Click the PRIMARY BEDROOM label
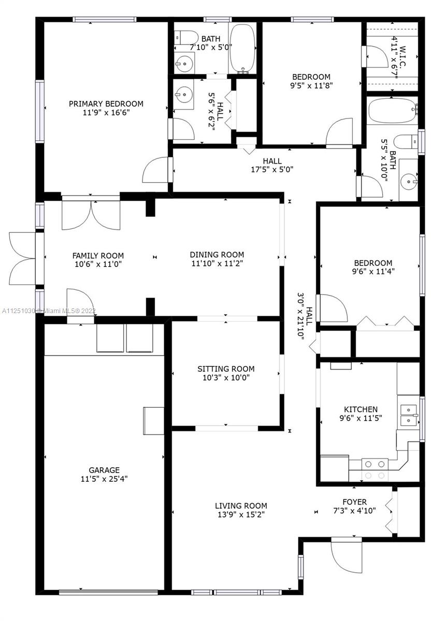click(x=106, y=103)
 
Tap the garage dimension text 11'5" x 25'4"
click(x=104, y=479)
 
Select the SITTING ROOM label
click(x=226, y=368)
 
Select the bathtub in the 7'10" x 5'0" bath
click(x=242, y=49)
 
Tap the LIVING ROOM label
click(x=241, y=506)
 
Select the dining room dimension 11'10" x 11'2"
click(x=217, y=263)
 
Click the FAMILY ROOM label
click(x=98, y=255)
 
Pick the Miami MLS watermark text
click(x=49, y=311)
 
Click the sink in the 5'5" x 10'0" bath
click(x=409, y=182)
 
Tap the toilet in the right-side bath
click(x=406, y=142)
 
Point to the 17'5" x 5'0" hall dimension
click(x=272, y=169)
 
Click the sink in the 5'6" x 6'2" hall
click(x=183, y=94)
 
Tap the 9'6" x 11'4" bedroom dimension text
click(x=374, y=271)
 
